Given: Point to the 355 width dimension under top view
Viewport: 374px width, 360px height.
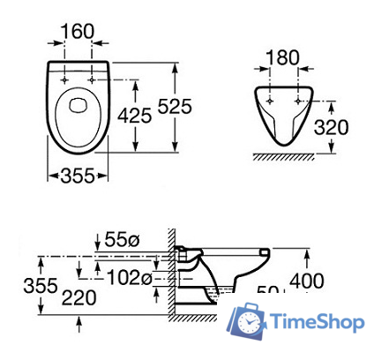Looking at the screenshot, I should (x=78, y=176).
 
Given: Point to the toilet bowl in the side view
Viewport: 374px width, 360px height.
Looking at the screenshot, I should (x=238, y=265).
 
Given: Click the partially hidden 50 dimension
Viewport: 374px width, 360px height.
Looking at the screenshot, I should (x=267, y=291).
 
